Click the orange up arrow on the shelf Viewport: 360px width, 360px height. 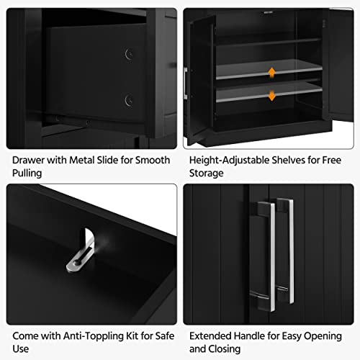coord(271,72)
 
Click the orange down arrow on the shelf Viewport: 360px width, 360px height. coord(271,96)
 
